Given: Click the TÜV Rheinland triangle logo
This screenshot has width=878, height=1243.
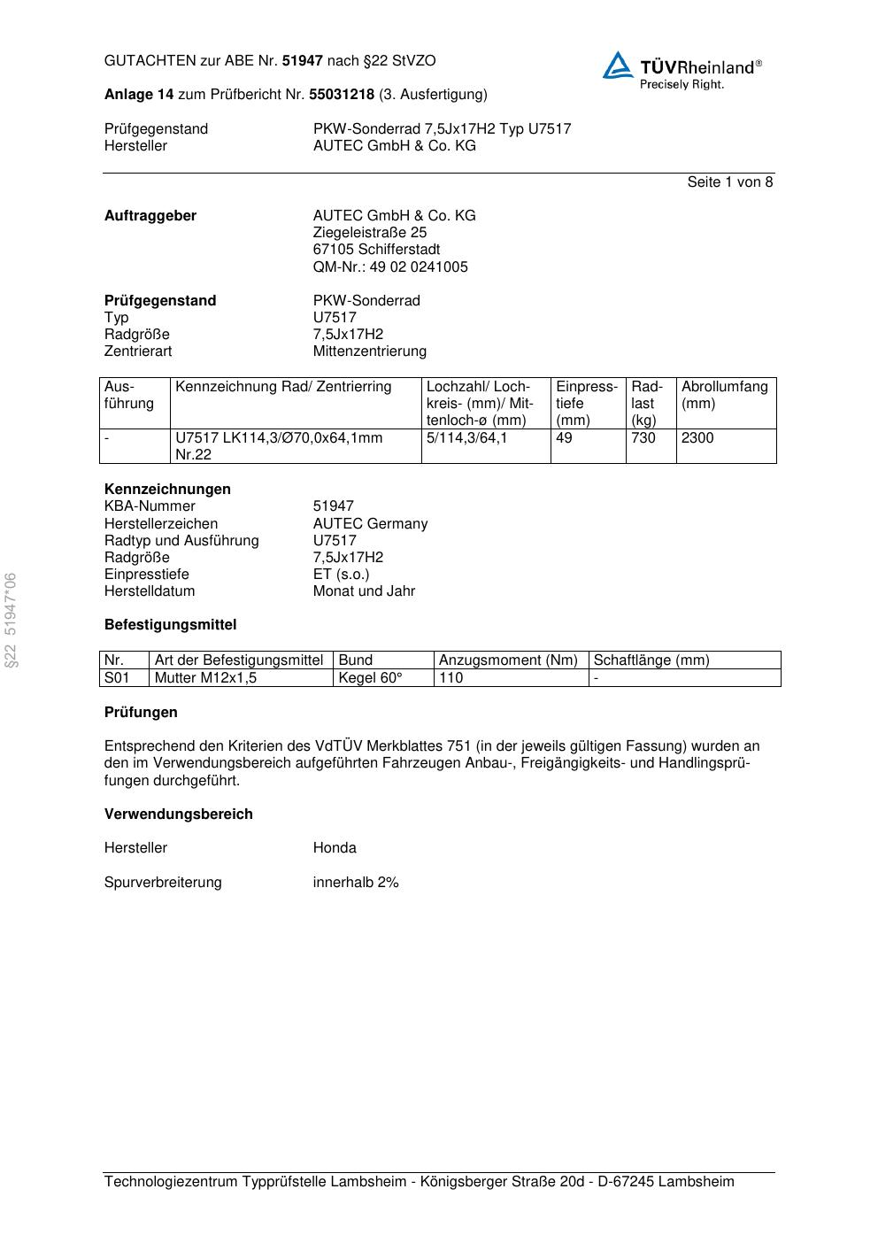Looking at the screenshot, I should [x=619, y=66].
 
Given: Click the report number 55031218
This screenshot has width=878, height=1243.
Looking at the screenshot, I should [x=342, y=95].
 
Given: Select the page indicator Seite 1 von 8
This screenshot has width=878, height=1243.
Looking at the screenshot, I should [x=729, y=182].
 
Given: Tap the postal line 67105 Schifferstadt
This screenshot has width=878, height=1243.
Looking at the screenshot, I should [x=376, y=250].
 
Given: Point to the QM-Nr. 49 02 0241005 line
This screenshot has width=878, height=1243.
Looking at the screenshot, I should [x=390, y=267].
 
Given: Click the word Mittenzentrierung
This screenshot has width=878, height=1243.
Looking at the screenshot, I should [x=369, y=351].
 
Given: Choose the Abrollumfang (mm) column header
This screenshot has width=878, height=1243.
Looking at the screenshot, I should [x=724, y=395].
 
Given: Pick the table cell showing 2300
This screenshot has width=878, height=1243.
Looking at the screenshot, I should [x=697, y=438].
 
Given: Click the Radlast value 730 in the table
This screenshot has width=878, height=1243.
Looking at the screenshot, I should [x=643, y=438].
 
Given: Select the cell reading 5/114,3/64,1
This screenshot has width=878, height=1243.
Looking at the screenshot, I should [x=466, y=438].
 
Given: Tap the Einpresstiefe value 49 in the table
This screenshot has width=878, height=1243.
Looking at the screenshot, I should [x=565, y=438].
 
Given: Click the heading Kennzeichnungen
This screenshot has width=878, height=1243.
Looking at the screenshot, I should [x=167, y=490].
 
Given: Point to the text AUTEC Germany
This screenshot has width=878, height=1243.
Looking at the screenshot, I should [x=370, y=524].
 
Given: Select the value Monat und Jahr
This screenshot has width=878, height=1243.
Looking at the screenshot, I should [x=364, y=591].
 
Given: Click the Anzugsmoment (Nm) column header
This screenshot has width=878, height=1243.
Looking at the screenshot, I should [x=508, y=660].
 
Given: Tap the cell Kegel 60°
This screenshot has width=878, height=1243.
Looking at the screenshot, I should [x=370, y=678].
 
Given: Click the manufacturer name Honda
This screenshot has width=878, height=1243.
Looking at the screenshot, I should [x=335, y=848].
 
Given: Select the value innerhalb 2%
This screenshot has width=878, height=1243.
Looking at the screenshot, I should [x=356, y=883].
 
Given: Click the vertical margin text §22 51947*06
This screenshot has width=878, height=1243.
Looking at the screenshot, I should [x=11, y=621].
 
